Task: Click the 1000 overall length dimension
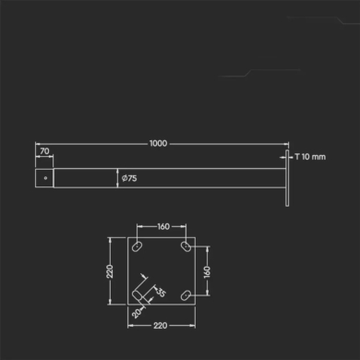(160, 143)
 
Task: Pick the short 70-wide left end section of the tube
(43, 177)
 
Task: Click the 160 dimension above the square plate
(162, 224)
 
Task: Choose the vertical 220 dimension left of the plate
(110, 271)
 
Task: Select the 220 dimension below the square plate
(162, 325)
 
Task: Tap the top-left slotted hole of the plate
(137, 247)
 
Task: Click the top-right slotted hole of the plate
(186, 247)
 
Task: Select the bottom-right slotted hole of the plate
(186, 295)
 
